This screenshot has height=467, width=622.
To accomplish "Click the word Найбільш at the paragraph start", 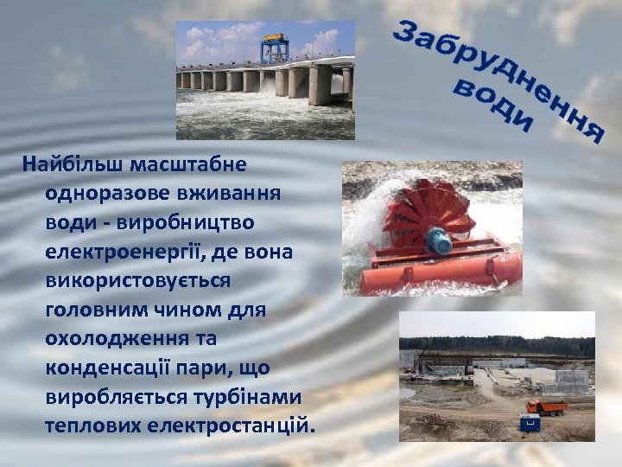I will click(68, 163).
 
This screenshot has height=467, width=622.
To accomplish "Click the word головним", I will click(99, 310).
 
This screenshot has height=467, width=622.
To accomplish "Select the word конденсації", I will click(110, 368).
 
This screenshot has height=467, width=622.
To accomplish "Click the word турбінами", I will click(251, 398).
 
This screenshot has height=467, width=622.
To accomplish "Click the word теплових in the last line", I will click(94, 427).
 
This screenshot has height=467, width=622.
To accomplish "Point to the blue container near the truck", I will click(529, 424).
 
